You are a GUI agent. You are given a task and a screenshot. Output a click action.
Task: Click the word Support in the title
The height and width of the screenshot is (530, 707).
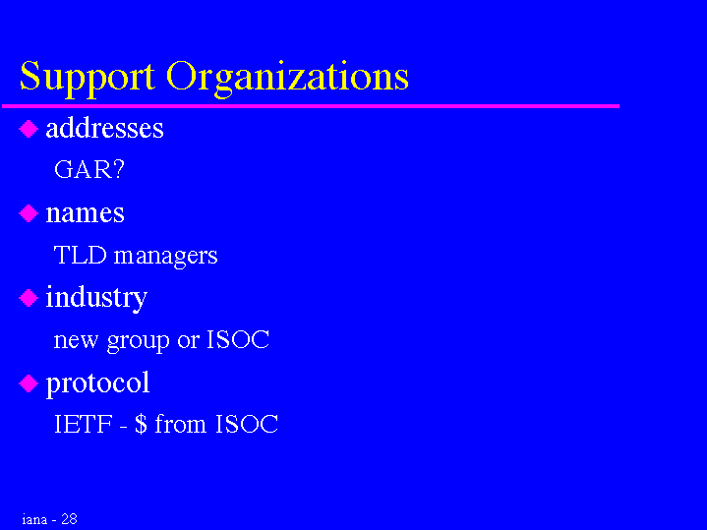coord(88,78)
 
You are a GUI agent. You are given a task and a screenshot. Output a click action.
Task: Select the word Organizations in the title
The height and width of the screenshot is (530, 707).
coord(288,78)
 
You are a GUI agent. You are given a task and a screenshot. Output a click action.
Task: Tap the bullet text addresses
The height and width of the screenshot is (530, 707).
coord(104,128)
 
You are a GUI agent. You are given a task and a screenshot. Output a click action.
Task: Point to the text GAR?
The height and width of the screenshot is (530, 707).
coord(88,169)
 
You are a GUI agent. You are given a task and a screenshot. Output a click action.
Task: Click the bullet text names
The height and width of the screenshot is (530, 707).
coord(85,213)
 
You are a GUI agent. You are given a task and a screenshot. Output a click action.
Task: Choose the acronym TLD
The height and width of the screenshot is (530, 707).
coord(80,255)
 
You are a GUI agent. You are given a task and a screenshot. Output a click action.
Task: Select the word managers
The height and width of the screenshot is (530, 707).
coord(165,257)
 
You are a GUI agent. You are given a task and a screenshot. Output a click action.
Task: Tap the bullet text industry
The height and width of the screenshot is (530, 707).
coord(96,298)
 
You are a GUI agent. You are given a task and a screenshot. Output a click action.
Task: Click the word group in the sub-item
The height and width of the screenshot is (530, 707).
coord(138,341)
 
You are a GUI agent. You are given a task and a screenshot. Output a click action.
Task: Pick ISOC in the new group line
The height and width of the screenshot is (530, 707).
coord(238,339)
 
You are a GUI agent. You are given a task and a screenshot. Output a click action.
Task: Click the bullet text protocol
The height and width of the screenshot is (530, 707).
coord(98,383)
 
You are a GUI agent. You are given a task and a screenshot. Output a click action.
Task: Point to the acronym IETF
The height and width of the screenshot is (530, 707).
coord(83,424)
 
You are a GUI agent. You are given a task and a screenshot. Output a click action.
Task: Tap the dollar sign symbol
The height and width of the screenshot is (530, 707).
coord(141,424)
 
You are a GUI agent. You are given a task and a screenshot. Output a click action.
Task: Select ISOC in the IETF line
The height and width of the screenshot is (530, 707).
coord(247,424)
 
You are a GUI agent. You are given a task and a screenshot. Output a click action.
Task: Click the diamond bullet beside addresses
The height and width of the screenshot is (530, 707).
coord(29,129)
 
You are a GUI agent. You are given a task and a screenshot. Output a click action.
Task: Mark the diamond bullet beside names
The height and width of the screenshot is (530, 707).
coord(29,213)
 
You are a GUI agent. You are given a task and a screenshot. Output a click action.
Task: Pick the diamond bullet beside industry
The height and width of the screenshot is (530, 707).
coord(29,298)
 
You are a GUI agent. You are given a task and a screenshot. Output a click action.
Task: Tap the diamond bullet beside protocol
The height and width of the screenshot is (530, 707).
coord(29,383)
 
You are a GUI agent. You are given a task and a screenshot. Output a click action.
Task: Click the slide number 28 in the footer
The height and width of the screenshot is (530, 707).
coord(69,519)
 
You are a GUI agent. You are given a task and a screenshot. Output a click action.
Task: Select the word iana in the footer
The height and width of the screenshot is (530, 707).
coord(34,519)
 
